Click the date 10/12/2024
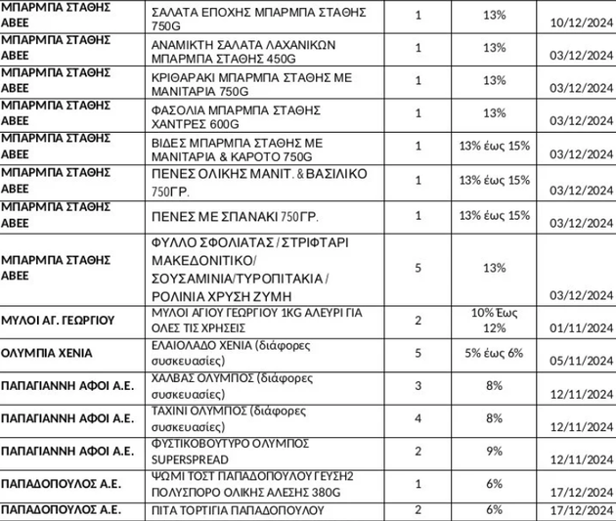tap(581, 22)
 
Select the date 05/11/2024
tap(581, 359)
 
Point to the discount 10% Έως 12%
tap(494, 320)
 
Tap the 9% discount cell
tap(494, 451)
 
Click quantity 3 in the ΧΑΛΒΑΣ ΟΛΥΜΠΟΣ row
tap(418, 386)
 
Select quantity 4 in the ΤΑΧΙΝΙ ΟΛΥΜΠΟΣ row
tap(418, 418)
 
